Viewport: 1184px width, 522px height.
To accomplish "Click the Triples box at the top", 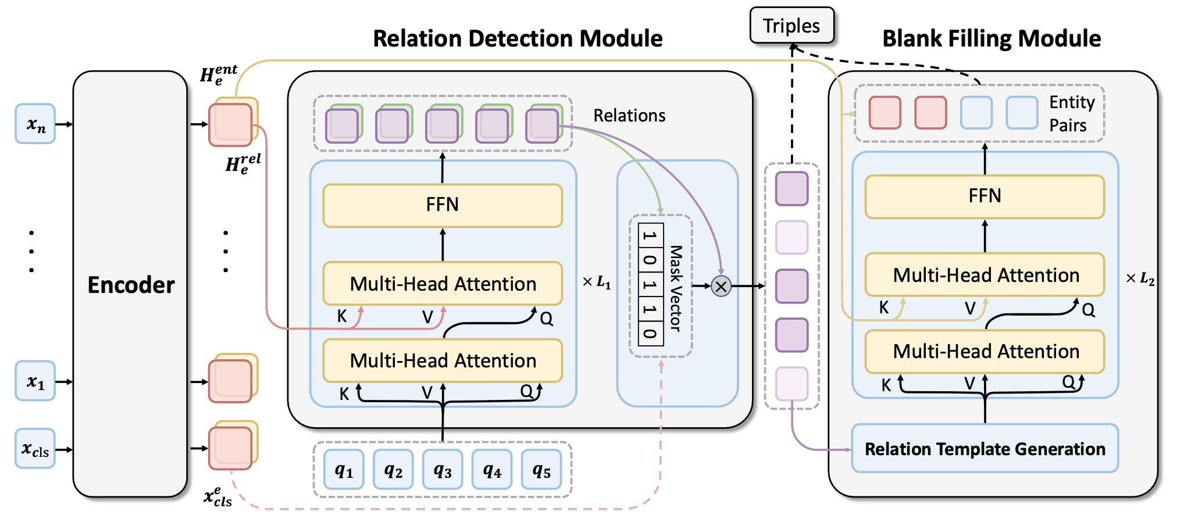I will point(791,26).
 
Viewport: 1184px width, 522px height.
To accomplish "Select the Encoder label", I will point(131,285).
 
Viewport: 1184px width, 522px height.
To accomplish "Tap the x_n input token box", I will point(35,124).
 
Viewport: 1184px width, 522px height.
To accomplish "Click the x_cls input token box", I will point(35,449).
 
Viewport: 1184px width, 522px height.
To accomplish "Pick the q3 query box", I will point(443,470).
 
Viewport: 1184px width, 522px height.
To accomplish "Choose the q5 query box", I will point(541,470).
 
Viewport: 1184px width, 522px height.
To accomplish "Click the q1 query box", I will point(344,470).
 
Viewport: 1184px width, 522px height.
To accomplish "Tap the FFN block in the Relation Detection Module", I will point(443,205).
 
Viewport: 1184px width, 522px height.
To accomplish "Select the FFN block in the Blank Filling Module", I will point(985,196).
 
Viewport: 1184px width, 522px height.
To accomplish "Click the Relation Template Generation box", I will point(985,449).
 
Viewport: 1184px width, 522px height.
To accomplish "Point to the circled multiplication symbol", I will point(721,286).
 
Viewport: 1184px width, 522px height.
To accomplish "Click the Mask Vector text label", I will point(675,288).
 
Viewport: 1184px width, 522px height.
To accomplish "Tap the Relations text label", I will point(629,116).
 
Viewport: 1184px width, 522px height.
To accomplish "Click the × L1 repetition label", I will point(597,283).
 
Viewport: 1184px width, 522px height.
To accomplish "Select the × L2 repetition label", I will point(1140,278).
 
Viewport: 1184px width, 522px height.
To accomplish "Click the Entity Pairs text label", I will point(1071,114).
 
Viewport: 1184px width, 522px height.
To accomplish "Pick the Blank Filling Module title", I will point(991,39).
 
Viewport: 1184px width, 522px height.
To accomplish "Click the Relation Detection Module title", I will point(518,39).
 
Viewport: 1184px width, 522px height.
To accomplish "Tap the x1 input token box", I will point(35,381).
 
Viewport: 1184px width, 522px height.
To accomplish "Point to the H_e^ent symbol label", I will point(218,74).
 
